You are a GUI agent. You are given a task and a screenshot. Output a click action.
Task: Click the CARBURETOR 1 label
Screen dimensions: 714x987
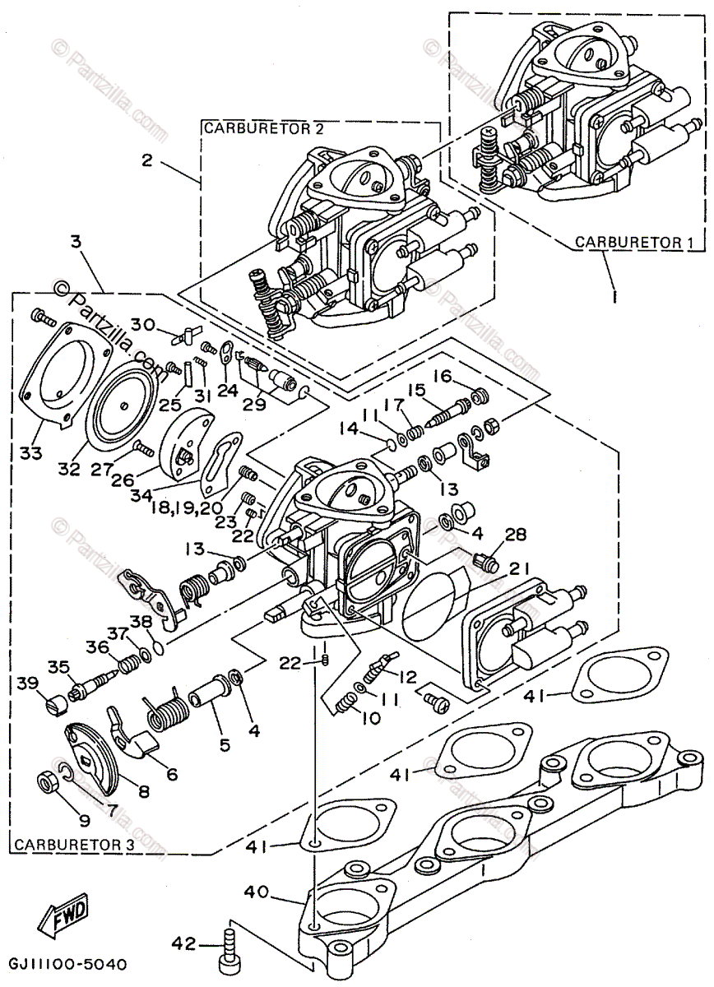634,242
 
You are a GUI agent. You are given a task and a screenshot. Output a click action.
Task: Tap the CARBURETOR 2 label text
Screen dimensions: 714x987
264,128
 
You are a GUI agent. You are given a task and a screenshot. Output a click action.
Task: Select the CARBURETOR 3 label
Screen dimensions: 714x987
74,844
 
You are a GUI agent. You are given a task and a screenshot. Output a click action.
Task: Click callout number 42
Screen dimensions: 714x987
183,942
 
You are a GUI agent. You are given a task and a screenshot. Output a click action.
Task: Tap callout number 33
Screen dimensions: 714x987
30,452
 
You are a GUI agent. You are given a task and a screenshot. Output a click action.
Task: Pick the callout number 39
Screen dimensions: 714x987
28,683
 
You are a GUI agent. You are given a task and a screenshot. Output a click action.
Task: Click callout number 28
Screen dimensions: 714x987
516,535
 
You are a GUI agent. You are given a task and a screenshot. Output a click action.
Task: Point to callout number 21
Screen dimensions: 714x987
518,569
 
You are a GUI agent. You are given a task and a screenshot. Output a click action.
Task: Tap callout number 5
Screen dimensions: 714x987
225,744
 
